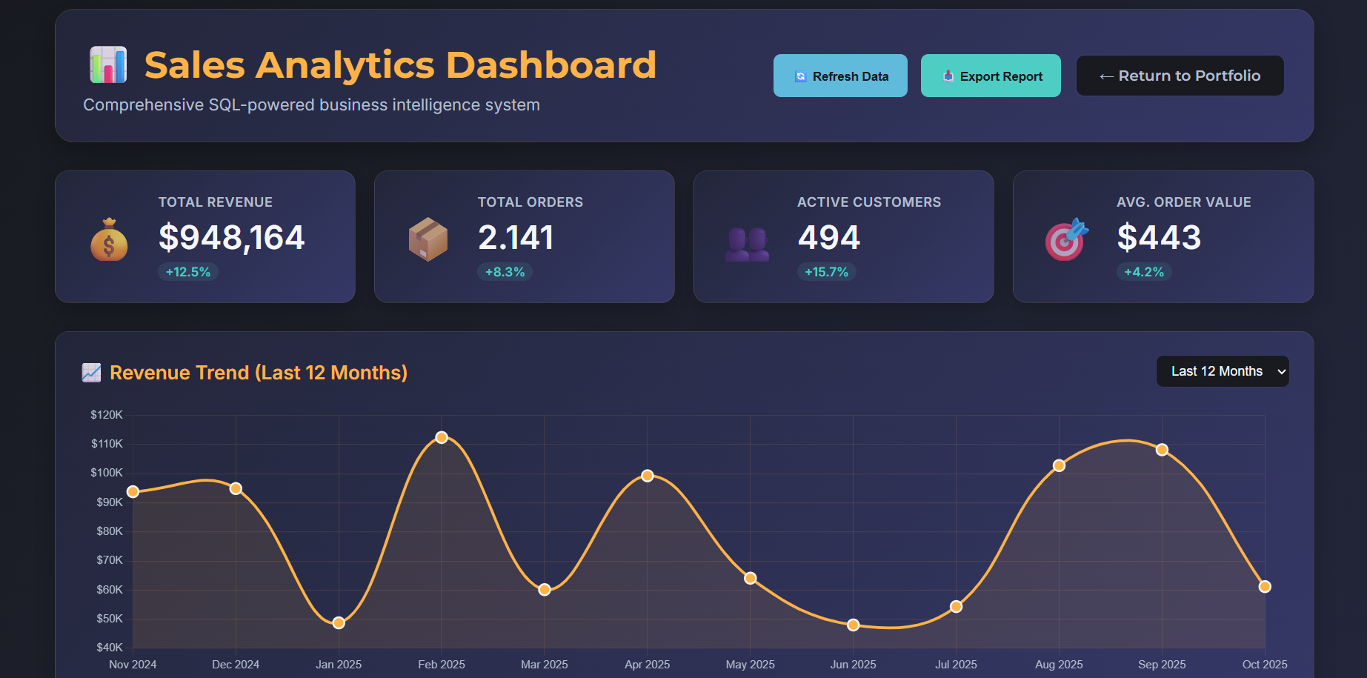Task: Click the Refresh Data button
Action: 840,76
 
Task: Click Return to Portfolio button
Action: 1180,76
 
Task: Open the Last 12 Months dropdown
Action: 1222,371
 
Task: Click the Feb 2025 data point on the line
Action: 442,437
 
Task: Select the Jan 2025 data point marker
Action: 339,623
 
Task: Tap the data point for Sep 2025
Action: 1162,450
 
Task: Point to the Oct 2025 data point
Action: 1265,587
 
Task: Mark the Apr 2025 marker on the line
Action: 648,476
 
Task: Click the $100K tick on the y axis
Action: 107,473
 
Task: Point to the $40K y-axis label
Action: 110,648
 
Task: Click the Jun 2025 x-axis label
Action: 853,665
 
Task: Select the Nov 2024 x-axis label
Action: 133,665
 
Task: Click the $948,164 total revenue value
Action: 231,238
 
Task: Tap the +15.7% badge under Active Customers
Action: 826,272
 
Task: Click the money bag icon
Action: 109,240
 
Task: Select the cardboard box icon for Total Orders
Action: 428,239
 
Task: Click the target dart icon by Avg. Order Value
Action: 1065,239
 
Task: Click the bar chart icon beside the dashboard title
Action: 108,64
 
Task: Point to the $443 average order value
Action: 1159,238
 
